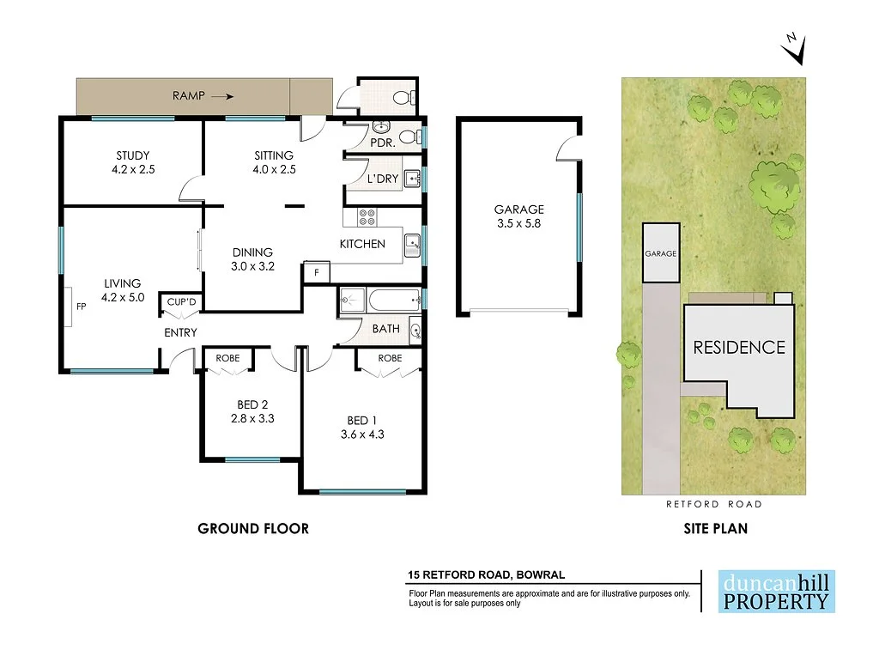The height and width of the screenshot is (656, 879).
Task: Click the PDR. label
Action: pos(383,143)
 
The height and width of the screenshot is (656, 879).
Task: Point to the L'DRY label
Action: pos(381,180)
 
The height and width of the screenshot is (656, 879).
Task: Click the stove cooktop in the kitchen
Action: pos(366,217)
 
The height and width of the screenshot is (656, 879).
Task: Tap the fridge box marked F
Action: pos(316,274)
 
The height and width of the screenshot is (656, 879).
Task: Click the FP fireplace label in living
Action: pos(81,306)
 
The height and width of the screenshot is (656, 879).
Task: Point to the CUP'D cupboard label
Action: pos(181,302)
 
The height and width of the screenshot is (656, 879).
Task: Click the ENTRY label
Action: pos(180,332)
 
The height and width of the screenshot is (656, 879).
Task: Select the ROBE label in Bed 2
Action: pos(227,358)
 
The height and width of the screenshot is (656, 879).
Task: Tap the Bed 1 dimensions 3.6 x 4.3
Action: pos(361,434)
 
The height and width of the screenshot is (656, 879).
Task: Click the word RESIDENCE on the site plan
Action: pos(739,348)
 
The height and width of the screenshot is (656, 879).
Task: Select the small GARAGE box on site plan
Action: pos(661,253)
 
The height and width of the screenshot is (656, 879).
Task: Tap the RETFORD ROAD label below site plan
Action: pos(714,504)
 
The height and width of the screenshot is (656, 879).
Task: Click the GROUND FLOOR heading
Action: pos(253,529)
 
